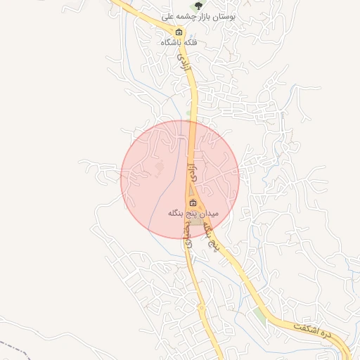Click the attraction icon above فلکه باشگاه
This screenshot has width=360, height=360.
pyautogui.click(x=179, y=32)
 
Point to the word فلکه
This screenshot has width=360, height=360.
pyautogui.click(x=190, y=42)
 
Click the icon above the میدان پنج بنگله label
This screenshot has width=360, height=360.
pyautogui.click(x=193, y=202)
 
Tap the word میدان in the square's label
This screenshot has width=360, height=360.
pyautogui.click(x=209, y=212)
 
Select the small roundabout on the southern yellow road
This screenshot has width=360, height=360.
pyautogui.click(x=201, y=307)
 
